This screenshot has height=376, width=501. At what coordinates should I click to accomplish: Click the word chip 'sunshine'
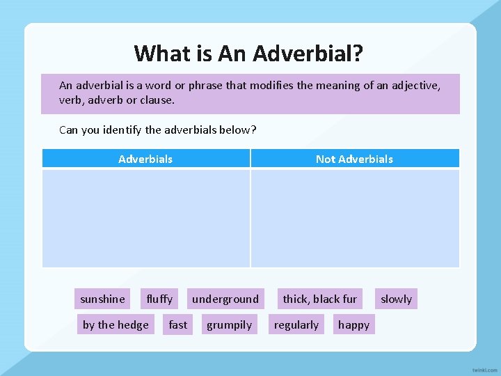(x=103, y=299)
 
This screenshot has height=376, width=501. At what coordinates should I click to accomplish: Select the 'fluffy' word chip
(x=159, y=299)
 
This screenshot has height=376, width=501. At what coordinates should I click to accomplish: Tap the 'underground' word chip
(x=225, y=299)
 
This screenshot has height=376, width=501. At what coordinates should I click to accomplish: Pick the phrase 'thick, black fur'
(x=319, y=299)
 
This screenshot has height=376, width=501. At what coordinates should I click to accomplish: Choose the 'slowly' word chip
(x=396, y=299)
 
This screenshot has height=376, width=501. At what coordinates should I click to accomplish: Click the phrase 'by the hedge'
(x=116, y=325)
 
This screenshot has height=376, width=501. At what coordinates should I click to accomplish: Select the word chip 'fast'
(x=178, y=325)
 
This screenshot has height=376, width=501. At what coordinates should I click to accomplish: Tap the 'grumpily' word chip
(x=229, y=325)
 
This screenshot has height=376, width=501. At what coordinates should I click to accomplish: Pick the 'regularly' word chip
(x=296, y=325)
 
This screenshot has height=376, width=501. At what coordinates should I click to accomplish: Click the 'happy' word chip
(x=353, y=325)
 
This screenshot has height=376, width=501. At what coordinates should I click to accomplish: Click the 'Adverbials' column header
(x=145, y=159)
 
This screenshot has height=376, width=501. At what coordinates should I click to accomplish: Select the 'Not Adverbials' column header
(x=354, y=159)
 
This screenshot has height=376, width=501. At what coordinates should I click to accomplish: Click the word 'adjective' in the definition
(x=415, y=86)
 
